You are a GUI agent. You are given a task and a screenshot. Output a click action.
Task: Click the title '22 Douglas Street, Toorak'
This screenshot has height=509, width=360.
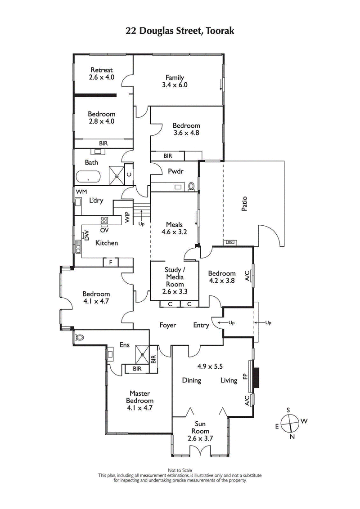pyautogui.click(x=180, y=31)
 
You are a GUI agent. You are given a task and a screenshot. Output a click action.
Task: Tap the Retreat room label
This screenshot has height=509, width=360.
pyautogui.click(x=102, y=70)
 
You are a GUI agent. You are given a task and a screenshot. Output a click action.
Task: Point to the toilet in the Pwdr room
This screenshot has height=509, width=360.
pyautogui.click(x=191, y=186)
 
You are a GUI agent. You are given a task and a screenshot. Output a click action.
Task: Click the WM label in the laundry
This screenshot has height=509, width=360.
pyautogui.click(x=81, y=192)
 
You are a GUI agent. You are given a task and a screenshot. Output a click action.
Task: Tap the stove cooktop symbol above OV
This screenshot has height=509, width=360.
pyautogui.click(x=104, y=220)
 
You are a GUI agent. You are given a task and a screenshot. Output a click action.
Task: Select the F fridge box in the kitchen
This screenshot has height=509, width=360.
pyautogui.click(x=110, y=262)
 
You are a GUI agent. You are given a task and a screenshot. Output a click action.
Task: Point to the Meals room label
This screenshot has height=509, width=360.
pyautogui.click(x=174, y=224)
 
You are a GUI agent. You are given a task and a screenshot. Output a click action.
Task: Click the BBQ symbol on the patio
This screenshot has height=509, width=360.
pyautogui.click(x=229, y=242)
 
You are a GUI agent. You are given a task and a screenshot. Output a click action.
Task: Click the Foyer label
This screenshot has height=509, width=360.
pyautogui.click(x=167, y=325)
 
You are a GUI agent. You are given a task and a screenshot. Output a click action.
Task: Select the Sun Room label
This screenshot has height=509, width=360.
pyautogui.click(x=201, y=427)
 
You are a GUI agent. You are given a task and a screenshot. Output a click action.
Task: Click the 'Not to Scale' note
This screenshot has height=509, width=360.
pyautogui.click(x=180, y=470)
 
